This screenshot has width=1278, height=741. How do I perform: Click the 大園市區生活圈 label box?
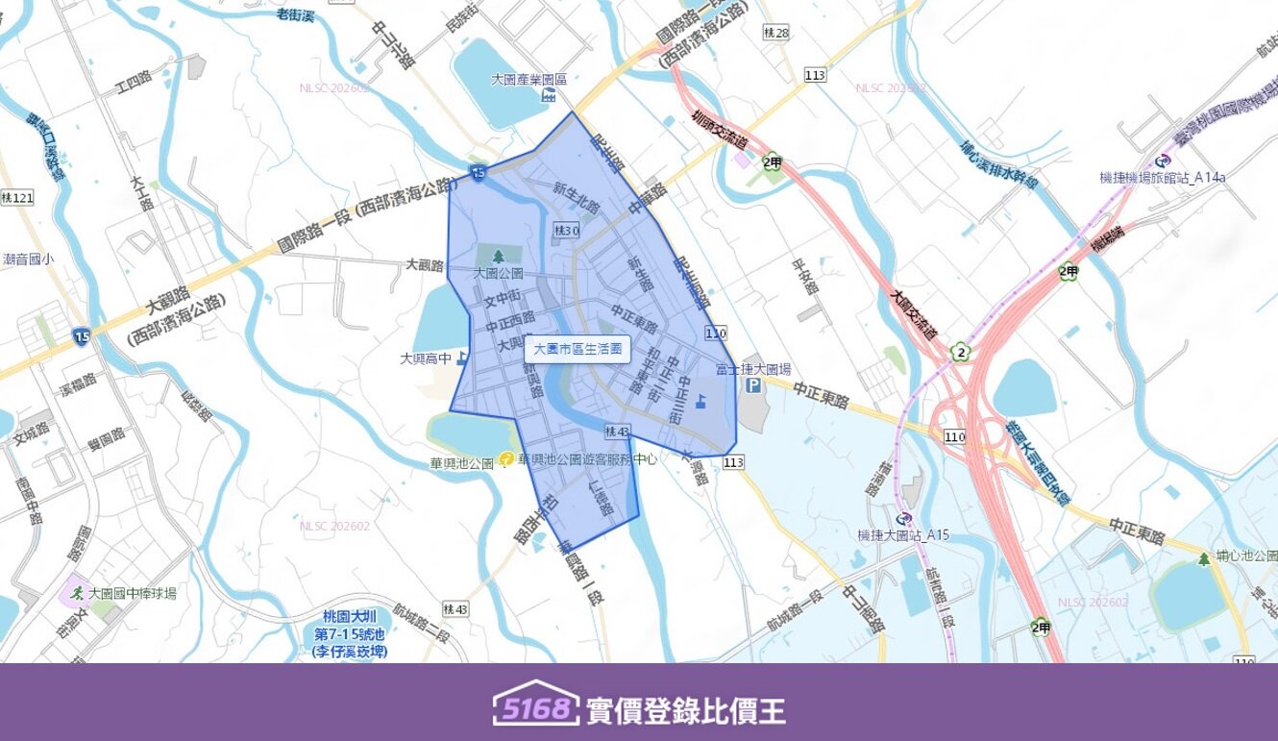578,349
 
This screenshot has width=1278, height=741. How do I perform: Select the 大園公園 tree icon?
498,257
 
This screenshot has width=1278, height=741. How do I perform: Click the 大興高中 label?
426,358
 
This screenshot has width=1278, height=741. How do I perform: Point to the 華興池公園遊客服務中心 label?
587,459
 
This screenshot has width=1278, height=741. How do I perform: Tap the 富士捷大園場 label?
753,369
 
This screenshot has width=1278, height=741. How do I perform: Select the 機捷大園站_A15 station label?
902,534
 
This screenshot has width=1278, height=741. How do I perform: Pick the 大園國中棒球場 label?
132,593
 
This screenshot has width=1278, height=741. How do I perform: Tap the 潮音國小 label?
29,259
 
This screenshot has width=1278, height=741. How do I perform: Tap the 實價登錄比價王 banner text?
685,710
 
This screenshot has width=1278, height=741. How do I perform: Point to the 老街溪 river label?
297,13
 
